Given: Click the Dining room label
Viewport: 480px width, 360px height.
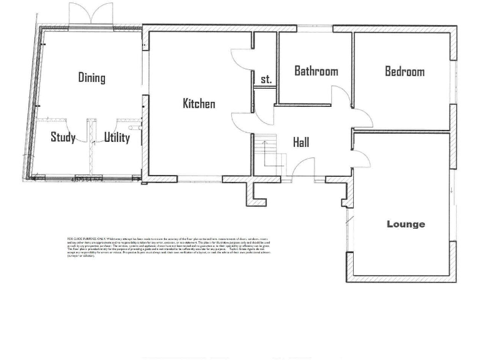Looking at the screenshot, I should [91, 77].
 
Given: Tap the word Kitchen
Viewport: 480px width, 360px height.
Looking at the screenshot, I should [199, 103].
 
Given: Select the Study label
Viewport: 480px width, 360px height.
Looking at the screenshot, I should [62, 137].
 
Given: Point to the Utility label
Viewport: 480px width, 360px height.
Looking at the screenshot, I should [117, 137].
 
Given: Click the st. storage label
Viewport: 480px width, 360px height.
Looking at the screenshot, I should [266, 79].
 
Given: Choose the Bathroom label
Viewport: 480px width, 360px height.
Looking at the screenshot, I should [316, 71].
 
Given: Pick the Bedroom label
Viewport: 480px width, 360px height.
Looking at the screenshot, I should [404, 71].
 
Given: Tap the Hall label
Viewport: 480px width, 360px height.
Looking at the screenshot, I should [301, 142].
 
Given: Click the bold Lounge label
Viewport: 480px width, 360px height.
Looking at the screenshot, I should [406, 224].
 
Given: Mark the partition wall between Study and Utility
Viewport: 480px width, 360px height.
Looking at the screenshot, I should [91, 150].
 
